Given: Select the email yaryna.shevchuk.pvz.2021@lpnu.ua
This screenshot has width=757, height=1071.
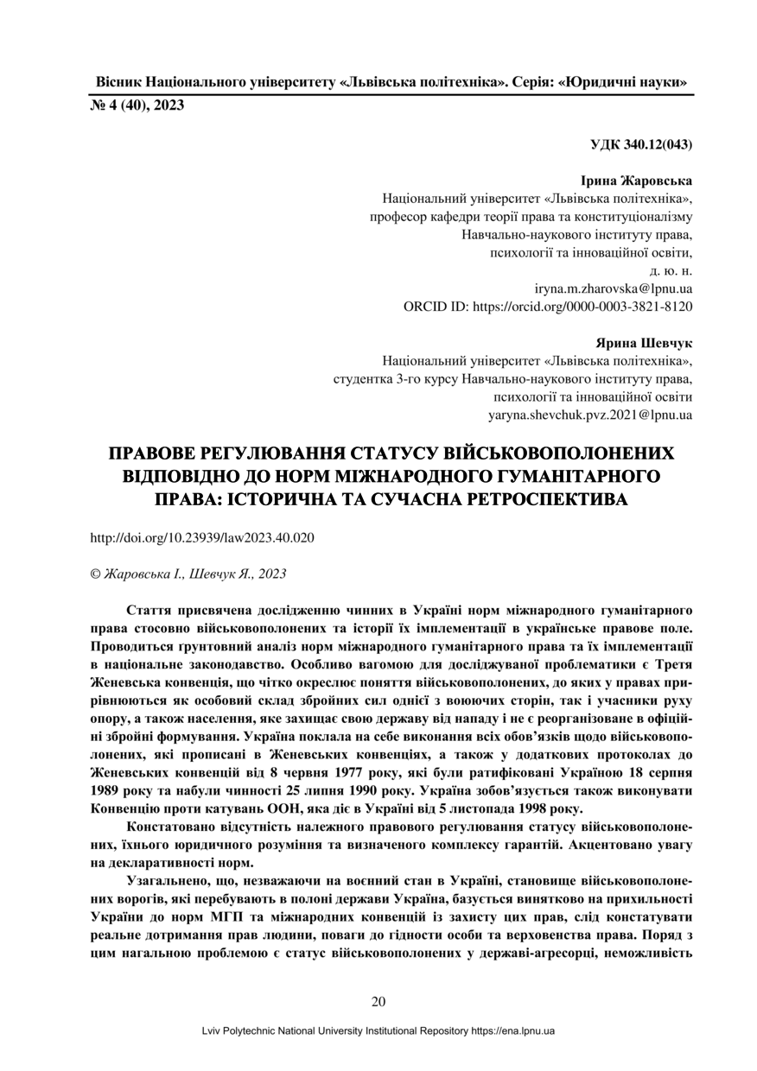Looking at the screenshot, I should (x=589, y=415).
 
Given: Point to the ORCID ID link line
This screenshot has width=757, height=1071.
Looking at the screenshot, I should (x=548, y=306).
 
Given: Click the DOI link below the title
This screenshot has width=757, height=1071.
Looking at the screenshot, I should (x=202, y=537).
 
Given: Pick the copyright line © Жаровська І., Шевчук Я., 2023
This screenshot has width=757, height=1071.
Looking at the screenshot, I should (x=188, y=573).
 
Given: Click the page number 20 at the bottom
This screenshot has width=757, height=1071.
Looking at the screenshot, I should (x=378, y=1002).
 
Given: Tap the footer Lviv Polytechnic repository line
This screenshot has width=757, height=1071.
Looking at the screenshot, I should (x=378, y=1031).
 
